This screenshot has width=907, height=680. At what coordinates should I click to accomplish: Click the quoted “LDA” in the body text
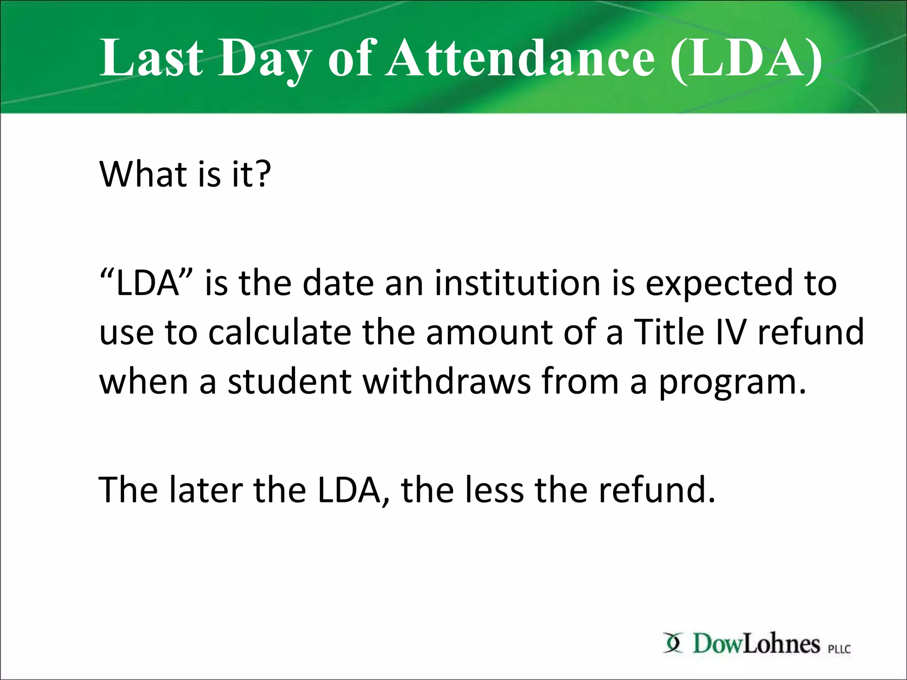147,283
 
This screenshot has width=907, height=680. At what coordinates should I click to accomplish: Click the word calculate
279,332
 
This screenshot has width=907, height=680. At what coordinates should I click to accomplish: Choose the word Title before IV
669,332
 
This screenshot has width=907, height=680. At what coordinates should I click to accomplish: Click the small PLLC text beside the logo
839,649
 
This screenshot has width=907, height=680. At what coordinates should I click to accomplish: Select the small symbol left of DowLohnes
673,643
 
